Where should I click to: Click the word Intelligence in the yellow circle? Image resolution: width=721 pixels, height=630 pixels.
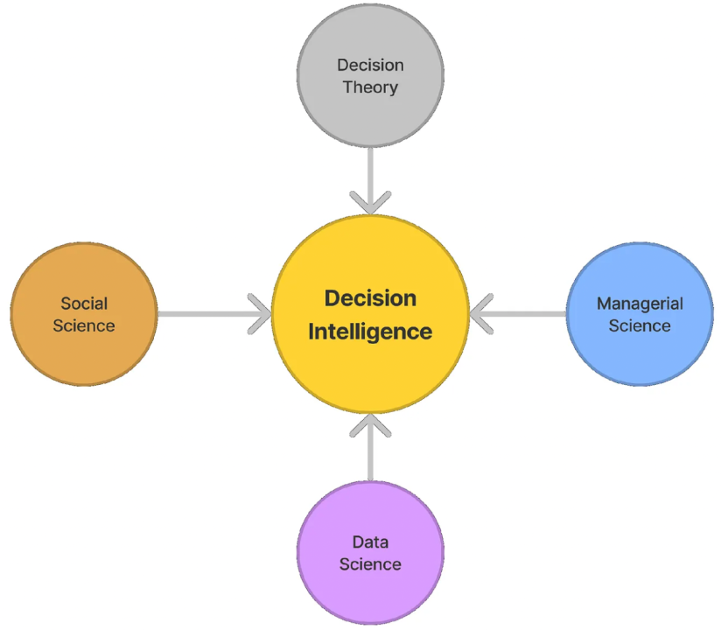[370, 332]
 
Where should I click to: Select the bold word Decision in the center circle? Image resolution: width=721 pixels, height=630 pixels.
[370, 298]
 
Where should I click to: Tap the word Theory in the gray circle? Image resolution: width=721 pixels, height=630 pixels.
[370, 87]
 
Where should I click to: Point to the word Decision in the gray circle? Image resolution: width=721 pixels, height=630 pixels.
[370, 65]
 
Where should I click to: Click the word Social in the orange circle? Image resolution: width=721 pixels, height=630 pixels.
[84, 304]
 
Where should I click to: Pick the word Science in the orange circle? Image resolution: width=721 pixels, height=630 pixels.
[84, 325]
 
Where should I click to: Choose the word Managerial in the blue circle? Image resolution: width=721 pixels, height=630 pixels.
[640, 304]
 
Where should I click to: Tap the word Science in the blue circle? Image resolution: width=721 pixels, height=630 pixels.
[640, 325]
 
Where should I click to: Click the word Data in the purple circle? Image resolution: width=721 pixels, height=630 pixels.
[370, 542]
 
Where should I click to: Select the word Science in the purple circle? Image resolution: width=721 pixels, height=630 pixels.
[370, 564]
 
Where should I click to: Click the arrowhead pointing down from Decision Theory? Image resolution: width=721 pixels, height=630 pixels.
[370, 203]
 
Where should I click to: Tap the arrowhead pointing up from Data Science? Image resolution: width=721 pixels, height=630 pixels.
[370, 426]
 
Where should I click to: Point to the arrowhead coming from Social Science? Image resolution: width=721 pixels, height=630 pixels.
[260, 313]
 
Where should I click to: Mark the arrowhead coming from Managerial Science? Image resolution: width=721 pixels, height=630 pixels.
[480, 313]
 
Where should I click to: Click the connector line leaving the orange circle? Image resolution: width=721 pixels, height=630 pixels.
[206, 313]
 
